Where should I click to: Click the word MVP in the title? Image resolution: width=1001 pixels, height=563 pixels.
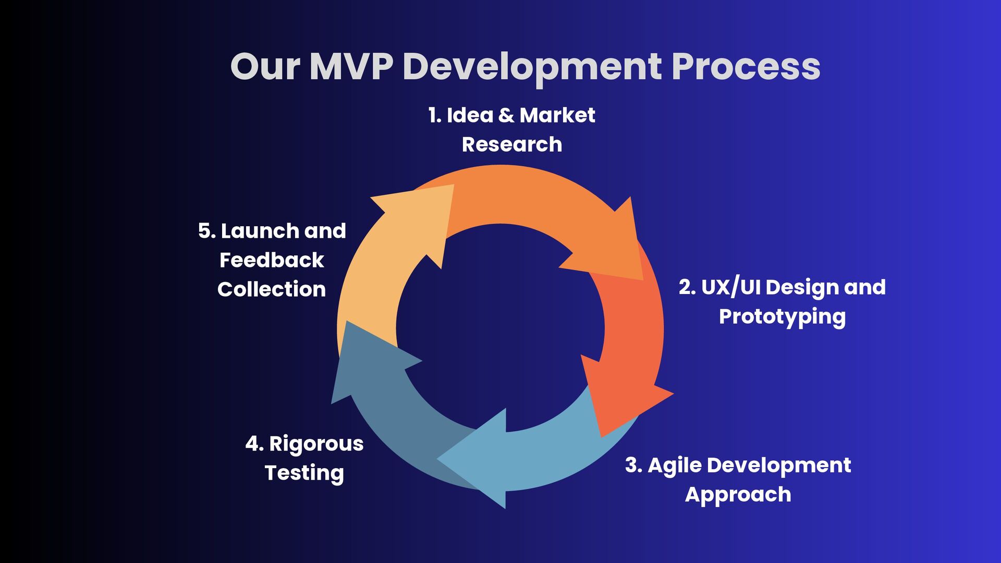click(350, 67)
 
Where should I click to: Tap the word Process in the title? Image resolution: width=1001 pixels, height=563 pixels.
click(746, 67)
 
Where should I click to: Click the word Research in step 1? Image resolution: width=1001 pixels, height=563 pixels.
click(511, 144)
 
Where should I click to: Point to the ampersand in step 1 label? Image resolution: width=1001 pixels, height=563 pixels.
click(506, 115)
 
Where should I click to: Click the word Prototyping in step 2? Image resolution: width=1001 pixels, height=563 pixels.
click(782, 317)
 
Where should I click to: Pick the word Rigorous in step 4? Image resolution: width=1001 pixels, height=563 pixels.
click(316, 444)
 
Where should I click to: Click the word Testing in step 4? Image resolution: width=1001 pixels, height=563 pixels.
click(304, 473)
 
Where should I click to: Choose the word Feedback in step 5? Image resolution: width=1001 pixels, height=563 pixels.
click(272, 260)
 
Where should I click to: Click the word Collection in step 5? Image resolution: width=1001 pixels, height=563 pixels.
click(272, 289)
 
